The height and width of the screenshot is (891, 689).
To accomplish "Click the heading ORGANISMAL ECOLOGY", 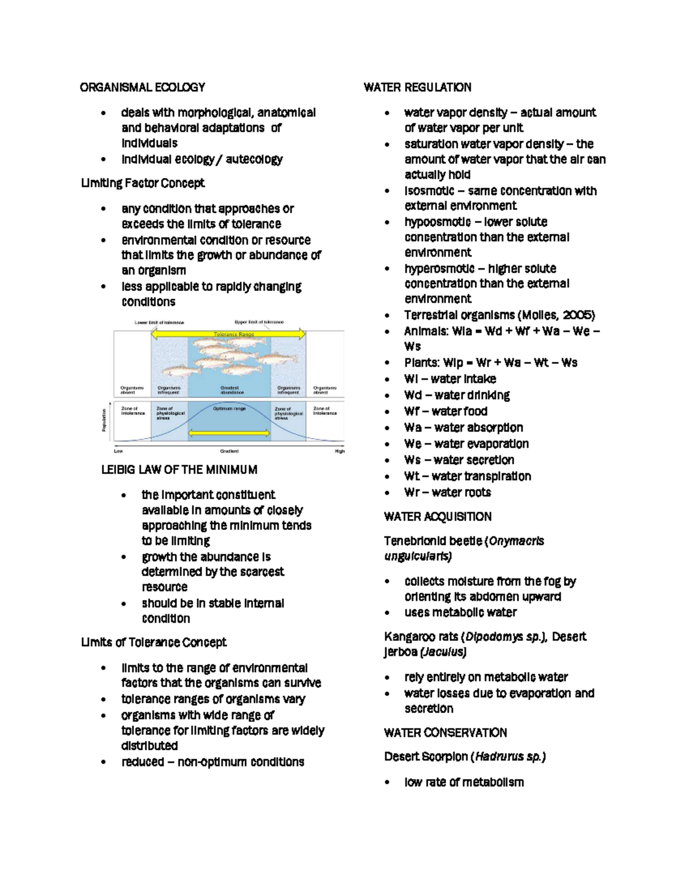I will pyautogui.click(x=142, y=87).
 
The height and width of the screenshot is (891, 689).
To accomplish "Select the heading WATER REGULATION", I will pyautogui.click(x=417, y=87).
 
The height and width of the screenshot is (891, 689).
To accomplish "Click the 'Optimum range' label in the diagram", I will pyautogui.click(x=229, y=408).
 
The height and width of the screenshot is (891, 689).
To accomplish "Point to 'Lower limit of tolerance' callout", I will pyautogui.click(x=159, y=322).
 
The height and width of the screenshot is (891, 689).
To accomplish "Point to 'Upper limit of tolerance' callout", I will pyautogui.click(x=259, y=322).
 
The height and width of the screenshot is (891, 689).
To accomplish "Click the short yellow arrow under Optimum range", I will pyautogui.click(x=229, y=434).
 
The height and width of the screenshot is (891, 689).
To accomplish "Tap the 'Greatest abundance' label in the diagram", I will pyautogui.click(x=232, y=390).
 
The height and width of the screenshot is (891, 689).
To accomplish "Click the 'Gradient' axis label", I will pyautogui.click(x=229, y=452).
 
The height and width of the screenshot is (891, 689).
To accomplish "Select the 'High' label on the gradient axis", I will pyautogui.click(x=339, y=452).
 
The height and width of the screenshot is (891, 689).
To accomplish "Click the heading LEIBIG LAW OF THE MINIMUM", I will pyautogui.click(x=179, y=470).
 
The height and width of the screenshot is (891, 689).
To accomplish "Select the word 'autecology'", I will pyautogui.click(x=254, y=159).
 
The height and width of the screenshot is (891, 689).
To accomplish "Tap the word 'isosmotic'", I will pyautogui.click(x=429, y=190).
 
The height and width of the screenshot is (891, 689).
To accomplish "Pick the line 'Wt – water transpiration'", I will pyautogui.click(x=467, y=476).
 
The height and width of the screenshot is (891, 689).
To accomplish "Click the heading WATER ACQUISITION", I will pyautogui.click(x=438, y=516).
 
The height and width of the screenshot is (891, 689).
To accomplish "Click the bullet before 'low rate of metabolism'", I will pyautogui.click(x=388, y=783).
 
